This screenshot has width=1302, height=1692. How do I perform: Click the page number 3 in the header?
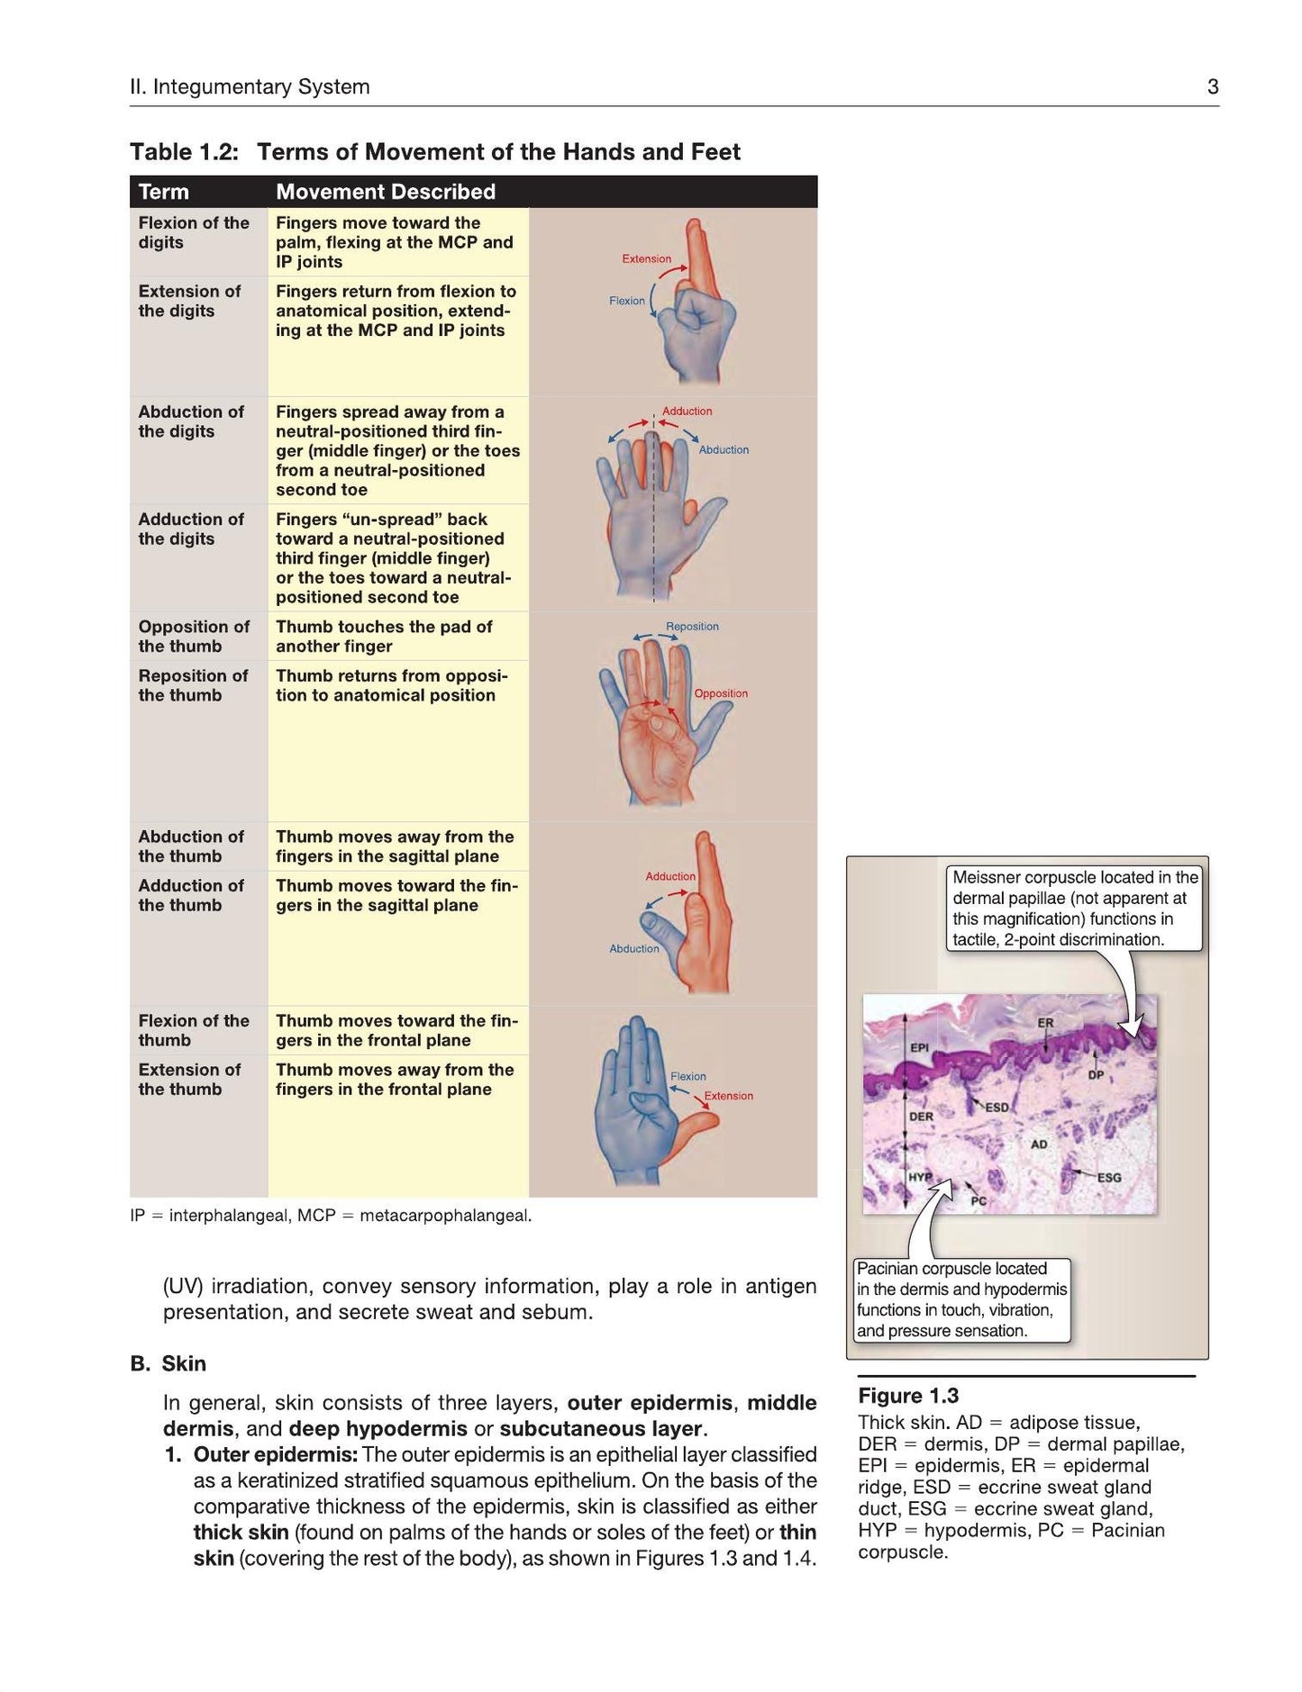1213,86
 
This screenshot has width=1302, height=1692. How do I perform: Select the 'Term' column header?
164,192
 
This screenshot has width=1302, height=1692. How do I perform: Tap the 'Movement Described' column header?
386,192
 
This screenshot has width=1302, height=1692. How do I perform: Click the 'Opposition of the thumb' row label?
194,637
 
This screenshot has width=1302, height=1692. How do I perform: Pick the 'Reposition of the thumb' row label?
193,685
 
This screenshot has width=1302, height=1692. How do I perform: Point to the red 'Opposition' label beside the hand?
721,693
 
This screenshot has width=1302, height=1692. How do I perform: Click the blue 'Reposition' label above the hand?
692,626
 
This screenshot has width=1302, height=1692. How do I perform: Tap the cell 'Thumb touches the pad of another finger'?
384,637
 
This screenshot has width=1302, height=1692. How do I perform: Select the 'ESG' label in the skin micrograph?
1109,1177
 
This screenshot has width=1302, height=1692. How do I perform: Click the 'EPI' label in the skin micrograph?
919,1047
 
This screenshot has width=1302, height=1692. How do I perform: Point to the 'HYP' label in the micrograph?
920,1177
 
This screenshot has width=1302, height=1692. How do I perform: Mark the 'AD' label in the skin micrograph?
1039,1145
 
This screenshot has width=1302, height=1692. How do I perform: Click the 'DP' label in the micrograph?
1096,1074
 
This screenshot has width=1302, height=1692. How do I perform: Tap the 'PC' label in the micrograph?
979,1201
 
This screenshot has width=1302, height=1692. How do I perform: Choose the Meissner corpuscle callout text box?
1076,908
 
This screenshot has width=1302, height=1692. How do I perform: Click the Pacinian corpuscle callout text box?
961,1299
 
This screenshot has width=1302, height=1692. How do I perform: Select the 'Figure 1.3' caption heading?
908,1396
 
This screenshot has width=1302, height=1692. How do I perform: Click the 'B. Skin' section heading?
168,1363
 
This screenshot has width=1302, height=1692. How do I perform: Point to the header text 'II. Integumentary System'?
250,86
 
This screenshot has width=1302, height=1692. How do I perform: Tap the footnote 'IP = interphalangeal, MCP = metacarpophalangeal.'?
331,1216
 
